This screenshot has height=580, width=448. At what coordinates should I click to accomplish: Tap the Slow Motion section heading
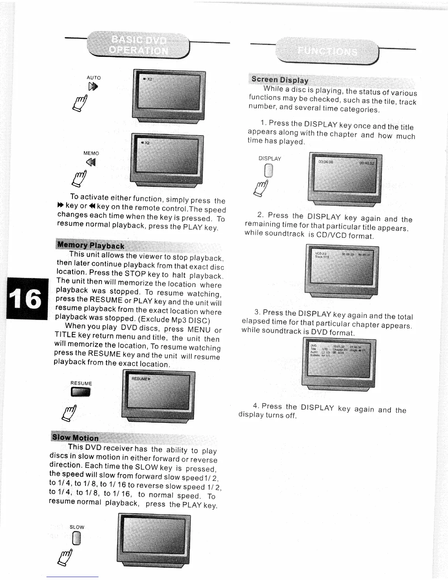pos(75,438)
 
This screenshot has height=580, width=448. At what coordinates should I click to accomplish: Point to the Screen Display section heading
pos(280,80)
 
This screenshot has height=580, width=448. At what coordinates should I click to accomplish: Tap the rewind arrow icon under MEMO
pos(91,162)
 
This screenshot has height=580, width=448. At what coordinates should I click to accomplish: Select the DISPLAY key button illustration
pos(269,170)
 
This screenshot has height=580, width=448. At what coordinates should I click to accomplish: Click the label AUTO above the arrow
pos(94,78)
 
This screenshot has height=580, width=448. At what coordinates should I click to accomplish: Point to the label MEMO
pos(91,153)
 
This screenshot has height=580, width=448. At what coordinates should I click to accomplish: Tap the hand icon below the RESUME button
pos(70,413)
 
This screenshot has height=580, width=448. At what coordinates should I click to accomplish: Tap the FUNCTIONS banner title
pos(328,51)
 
